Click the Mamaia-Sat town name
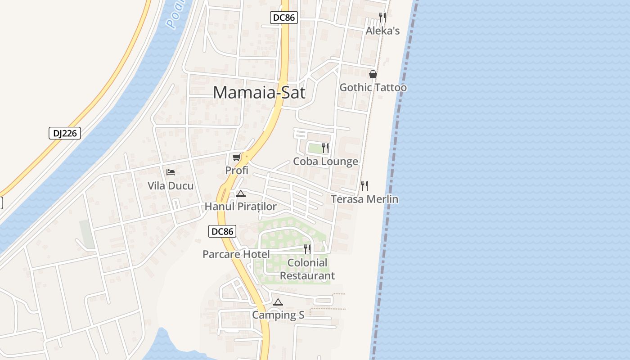(259, 93)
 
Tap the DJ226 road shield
(64, 133)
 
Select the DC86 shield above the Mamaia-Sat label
(284, 18)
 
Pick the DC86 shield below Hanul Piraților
(222, 231)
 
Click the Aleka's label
(382, 31)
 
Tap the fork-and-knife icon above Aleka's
(382, 18)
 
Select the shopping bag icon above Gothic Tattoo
(373, 74)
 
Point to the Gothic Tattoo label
(373, 87)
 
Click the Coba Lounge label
(326, 162)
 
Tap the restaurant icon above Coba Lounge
(325, 148)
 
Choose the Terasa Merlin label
(364, 199)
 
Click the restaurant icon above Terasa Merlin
(364, 185)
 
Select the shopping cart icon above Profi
(237, 157)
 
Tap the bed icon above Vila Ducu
(170, 172)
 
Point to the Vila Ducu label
(171, 186)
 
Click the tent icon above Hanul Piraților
(240, 193)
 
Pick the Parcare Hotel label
(236, 254)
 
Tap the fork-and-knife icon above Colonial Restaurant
(307, 249)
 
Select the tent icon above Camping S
(278, 302)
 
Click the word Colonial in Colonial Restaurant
(307, 263)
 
